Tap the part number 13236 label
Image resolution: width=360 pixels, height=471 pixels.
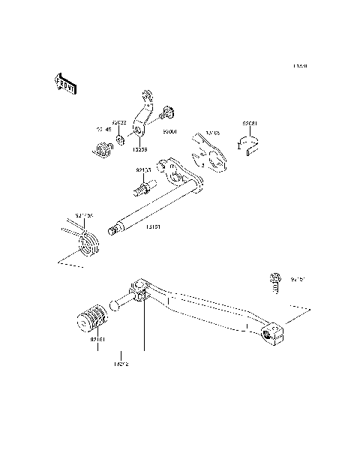[139, 149]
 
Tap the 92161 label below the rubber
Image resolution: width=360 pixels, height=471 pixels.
[98, 340]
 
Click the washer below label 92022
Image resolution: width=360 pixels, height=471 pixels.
[120, 135]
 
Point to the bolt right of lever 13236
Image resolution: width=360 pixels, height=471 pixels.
[166, 113]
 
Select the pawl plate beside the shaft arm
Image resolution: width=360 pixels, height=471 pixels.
[211, 149]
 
